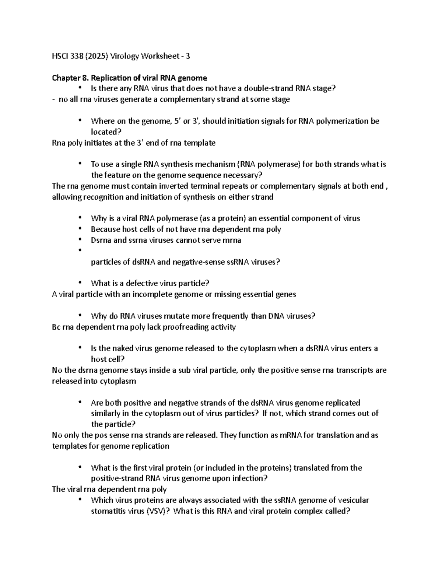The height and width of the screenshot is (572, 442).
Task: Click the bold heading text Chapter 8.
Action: tap(70, 78)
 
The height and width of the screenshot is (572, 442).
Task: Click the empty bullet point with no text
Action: tap(80, 251)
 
